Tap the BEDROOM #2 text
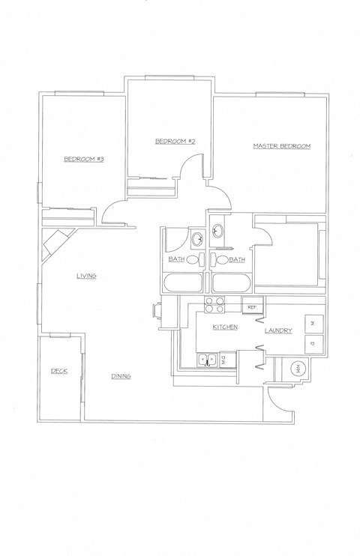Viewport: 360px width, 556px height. tap(175, 141)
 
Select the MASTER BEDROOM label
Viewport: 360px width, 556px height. tap(281, 145)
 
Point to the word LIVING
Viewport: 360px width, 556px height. tap(86, 276)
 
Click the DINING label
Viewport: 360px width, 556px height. tap(121, 375)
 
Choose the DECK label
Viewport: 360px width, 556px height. tap(59, 371)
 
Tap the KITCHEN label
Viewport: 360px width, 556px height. tap(225, 328)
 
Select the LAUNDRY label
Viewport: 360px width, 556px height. tap(277, 330)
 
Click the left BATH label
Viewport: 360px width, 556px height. tap(176, 259)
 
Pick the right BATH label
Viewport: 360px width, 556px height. tap(237, 259)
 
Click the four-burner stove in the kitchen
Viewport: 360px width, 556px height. tap(215, 305)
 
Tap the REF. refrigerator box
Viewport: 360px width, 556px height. tap(252, 307)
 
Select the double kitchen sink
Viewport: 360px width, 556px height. tap(206, 360)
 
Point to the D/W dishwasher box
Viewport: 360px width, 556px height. tap(223, 360)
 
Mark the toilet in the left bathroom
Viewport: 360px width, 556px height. tap(193, 260)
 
